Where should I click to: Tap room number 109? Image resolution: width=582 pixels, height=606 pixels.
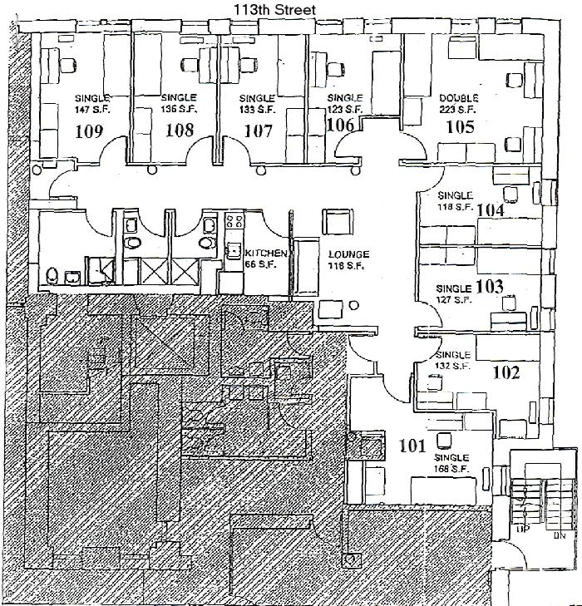pos(89,130)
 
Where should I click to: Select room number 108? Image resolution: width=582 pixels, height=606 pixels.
pos(180,130)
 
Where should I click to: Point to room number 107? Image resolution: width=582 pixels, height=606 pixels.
pos(258,130)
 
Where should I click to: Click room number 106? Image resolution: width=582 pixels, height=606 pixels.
pos(340,124)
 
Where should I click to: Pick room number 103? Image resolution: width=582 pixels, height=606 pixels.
pos(491,287)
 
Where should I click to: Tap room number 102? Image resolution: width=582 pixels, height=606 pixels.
pos(506,372)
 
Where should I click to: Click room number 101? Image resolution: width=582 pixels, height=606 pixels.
pos(413,444)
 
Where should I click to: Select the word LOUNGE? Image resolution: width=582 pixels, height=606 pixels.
pos(348,254)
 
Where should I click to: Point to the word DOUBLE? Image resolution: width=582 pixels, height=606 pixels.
pos(459,98)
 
